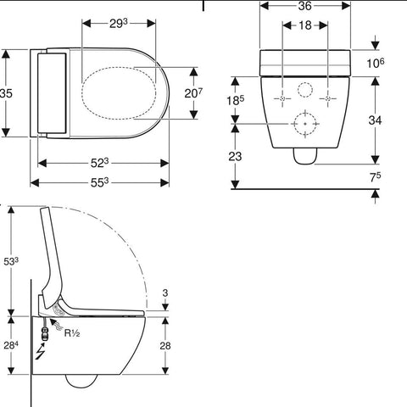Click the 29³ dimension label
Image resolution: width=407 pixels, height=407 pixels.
click(119, 24)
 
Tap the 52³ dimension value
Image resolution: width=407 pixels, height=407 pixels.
click(99, 163)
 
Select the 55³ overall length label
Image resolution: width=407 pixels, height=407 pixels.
click(99, 183)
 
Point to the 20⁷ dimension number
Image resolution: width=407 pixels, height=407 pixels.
click(193, 93)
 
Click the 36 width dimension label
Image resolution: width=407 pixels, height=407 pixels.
click(304, 6)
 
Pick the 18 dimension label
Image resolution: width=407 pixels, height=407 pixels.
click(305, 25)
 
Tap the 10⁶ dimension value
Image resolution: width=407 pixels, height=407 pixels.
click(376, 64)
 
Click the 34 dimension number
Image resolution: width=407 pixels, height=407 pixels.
click(375, 120)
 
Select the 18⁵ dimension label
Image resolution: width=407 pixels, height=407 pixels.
click(236, 100)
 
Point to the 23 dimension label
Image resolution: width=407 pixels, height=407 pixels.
click(235, 156)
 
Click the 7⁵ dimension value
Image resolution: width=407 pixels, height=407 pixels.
click(376, 177)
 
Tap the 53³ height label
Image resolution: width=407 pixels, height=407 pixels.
click(11, 261)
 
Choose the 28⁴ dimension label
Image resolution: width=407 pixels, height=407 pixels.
click(11, 345)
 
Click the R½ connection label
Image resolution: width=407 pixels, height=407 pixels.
click(72, 333)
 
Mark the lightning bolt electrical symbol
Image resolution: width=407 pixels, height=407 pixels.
click(40, 352)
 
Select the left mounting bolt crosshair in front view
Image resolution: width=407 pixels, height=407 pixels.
click(282, 98)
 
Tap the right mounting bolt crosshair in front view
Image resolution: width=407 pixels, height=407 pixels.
click(328, 98)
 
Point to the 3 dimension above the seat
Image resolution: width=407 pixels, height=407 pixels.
click(165, 293)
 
